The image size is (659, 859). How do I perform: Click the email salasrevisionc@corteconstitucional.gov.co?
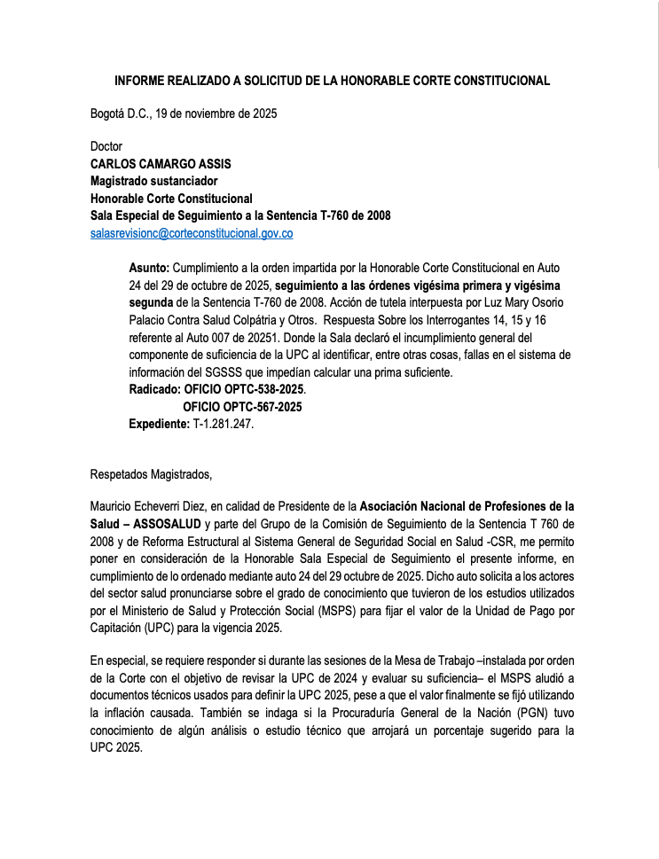192,233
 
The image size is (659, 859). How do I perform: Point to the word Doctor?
106,146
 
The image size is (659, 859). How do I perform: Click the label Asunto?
149,267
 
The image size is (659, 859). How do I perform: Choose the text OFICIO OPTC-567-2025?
242,407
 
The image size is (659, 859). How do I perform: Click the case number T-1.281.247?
223,425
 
